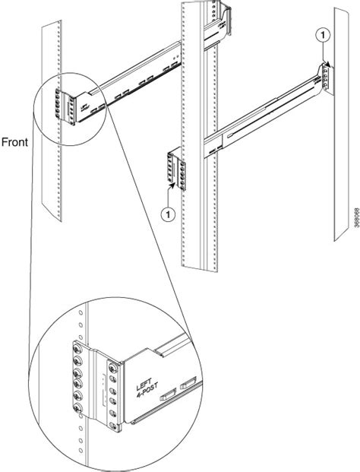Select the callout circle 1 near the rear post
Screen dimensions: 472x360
point(323,34)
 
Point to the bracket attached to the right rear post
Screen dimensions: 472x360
point(324,76)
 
